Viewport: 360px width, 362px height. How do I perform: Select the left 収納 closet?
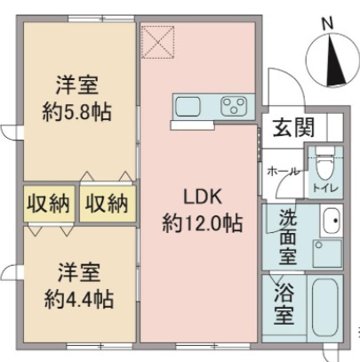[48, 203]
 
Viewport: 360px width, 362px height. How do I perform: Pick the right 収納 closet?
[108, 203]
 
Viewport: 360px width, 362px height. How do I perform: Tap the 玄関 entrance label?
[292, 127]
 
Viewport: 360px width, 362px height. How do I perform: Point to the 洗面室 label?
[288, 236]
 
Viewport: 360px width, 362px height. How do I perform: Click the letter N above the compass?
[327, 23]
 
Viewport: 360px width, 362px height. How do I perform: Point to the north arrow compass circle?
[329, 59]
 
